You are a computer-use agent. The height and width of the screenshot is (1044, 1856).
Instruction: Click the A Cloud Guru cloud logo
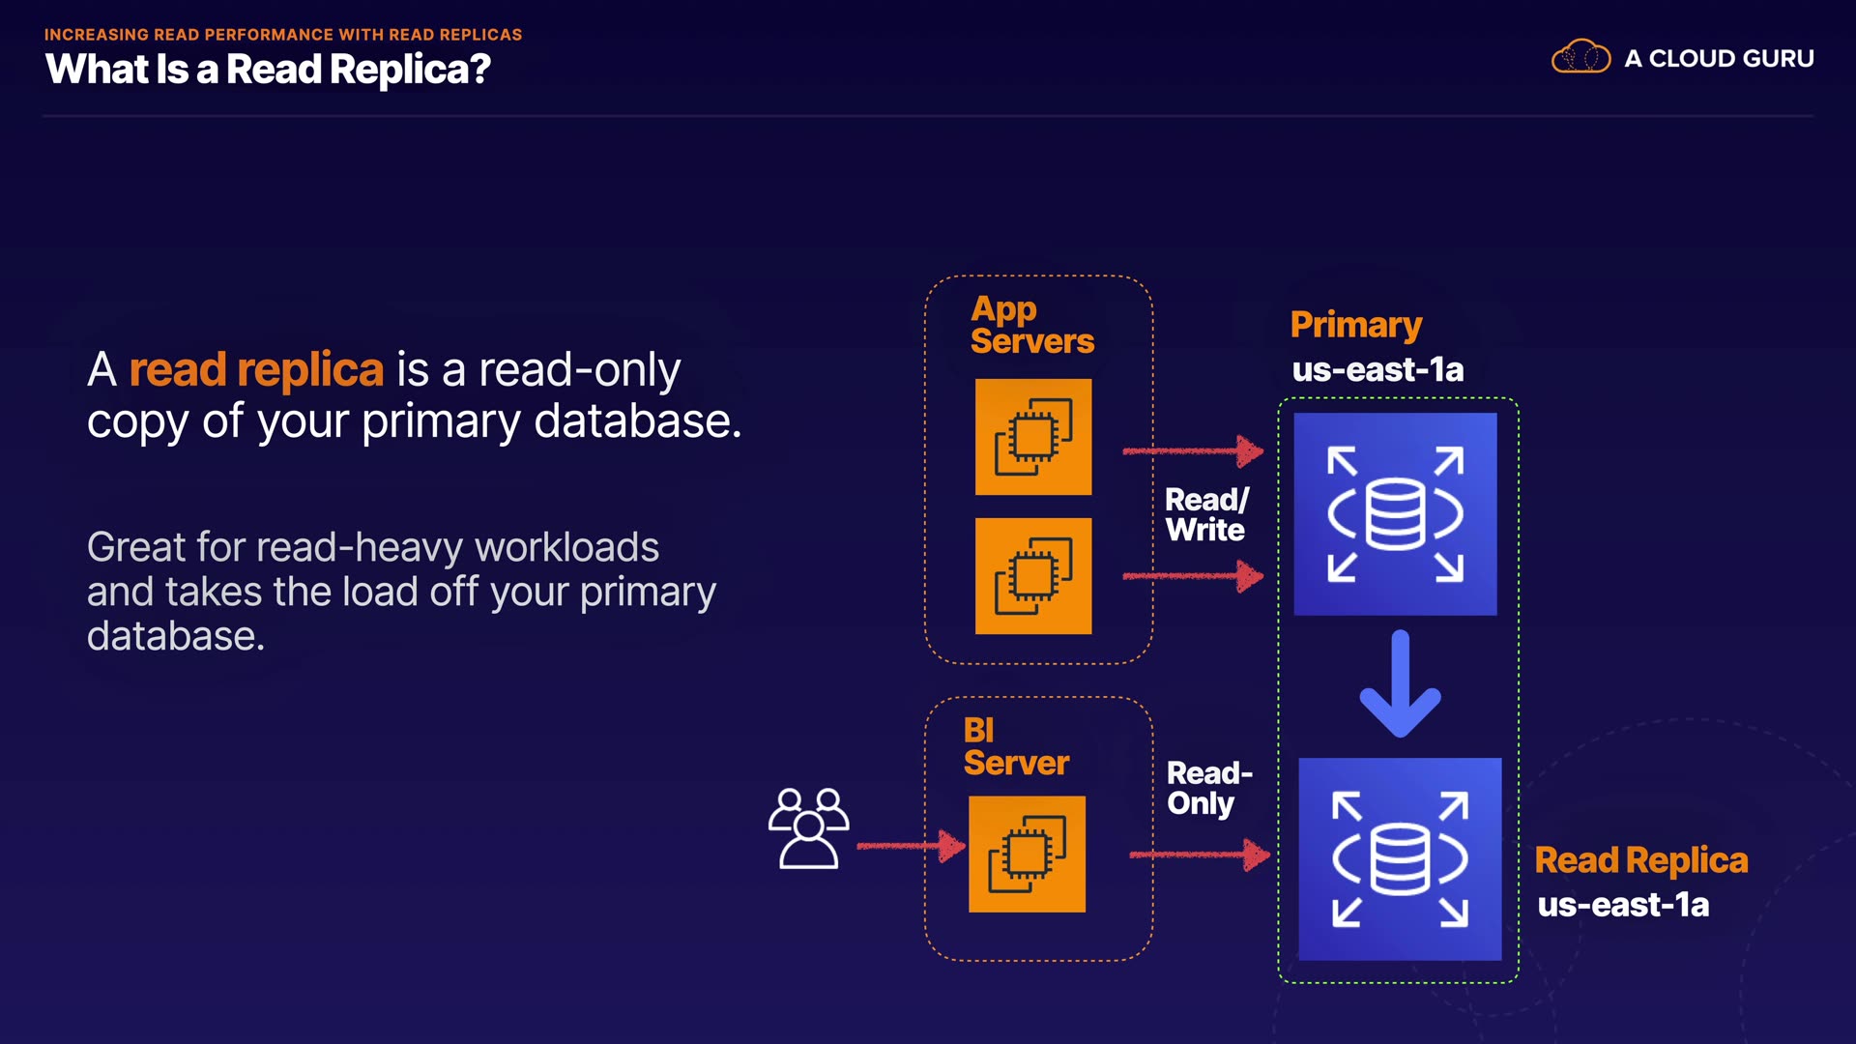click(x=1580, y=57)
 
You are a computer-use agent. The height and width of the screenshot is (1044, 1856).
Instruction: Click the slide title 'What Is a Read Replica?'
click(x=268, y=70)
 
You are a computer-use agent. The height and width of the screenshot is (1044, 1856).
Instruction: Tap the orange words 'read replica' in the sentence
click(x=256, y=369)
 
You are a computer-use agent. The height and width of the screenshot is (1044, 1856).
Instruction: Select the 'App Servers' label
click(x=1031, y=325)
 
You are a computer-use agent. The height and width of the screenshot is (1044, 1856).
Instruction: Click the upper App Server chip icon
click(x=1033, y=437)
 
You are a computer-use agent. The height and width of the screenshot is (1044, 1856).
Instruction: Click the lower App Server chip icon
click(x=1033, y=576)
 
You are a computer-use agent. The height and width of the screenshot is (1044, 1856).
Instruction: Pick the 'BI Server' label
click(x=1015, y=746)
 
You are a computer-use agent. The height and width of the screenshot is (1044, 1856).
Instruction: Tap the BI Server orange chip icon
click(x=1027, y=855)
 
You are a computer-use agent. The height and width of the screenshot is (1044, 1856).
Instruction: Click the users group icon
click(x=808, y=828)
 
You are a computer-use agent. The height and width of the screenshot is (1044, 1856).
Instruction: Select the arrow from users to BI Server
click(x=911, y=847)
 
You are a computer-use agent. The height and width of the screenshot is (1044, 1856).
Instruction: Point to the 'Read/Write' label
click(x=1206, y=514)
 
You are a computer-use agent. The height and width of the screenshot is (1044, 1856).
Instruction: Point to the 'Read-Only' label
click(x=1208, y=788)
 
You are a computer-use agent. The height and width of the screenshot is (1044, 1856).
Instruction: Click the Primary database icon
click(x=1395, y=514)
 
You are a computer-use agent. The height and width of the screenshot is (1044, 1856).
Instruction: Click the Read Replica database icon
click(x=1400, y=859)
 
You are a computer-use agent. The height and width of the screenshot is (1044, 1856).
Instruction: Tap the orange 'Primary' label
click(x=1355, y=325)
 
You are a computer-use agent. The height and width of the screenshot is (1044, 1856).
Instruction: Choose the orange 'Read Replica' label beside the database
click(x=1640, y=860)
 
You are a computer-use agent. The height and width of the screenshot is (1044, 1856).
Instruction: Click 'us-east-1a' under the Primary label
click(x=1377, y=369)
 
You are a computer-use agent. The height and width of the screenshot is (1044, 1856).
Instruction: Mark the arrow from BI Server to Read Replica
click(x=1199, y=855)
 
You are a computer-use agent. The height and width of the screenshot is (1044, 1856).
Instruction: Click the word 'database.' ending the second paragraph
click(x=175, y=636)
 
